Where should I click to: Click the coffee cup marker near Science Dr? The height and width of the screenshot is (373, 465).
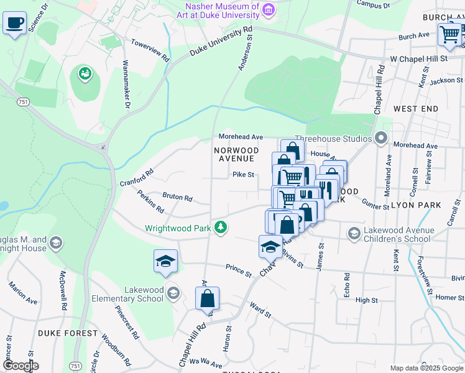15,24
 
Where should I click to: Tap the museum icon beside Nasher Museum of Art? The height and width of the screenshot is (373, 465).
268,9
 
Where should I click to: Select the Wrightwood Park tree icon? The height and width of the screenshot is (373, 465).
220,228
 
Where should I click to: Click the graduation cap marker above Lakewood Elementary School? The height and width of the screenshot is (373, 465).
166,261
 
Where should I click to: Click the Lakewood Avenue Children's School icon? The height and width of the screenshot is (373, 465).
354,233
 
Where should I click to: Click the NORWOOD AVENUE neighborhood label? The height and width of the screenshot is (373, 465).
236,154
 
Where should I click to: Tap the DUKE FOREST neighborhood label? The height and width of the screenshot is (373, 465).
68,333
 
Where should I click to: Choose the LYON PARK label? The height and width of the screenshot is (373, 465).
420,205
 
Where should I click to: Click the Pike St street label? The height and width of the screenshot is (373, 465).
244,175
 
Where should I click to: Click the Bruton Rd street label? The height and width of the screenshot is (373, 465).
177,197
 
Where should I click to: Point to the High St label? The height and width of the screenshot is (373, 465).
366,300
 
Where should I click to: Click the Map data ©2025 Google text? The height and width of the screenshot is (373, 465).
426,368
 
